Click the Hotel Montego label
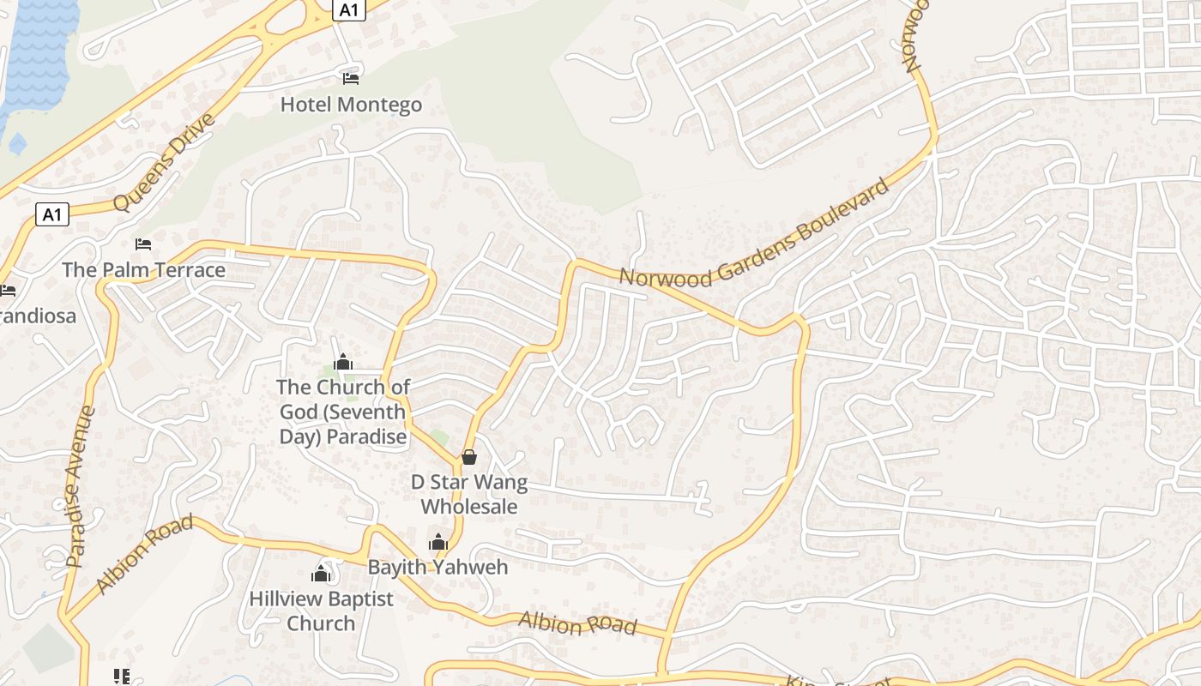(351, 105)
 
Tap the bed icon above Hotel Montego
(350, 79)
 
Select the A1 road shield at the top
(348, 10)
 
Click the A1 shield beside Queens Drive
(52, 214)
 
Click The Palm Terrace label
(143, 270)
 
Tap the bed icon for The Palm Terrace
(143, 244)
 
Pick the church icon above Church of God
(343, 363)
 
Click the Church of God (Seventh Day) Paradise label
(343, 412)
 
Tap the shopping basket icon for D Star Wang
(469, 457)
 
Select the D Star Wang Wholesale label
(469, 494)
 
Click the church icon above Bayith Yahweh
(438, 542)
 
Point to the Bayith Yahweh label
(438, 567)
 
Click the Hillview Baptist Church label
(321, 611)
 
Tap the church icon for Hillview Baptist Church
(321, 574)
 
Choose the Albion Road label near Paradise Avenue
(143, 554)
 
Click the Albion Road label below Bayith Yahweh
(578, 624)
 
